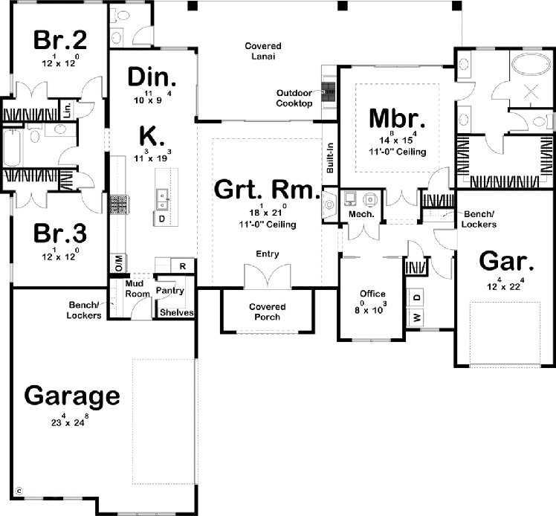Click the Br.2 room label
click(x=60, y=39)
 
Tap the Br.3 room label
click(x=60, y=233)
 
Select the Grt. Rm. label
click(x=267, y=189)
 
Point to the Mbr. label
click(x=397, y=118)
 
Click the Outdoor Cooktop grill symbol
click(x=328, y=92)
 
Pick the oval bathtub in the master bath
click(x=531, y=65)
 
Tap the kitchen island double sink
click(x=162, y=200)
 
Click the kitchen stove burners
click(x=119, y=204)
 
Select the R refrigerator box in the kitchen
click(x=183, y=266)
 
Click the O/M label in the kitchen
click(x=119, y=263)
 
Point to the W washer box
click(x=417, y=317)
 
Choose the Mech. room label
click(x=361, y=214)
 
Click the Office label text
click(x=372, y=294)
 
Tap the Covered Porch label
click(x=268, y=312)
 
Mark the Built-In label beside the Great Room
click(x=330, y=158)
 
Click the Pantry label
click(x=170, y=291)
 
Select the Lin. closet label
click(x=67, y=109)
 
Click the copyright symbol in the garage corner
click(x=19, y=491)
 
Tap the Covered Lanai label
click(x=263, y=51)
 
